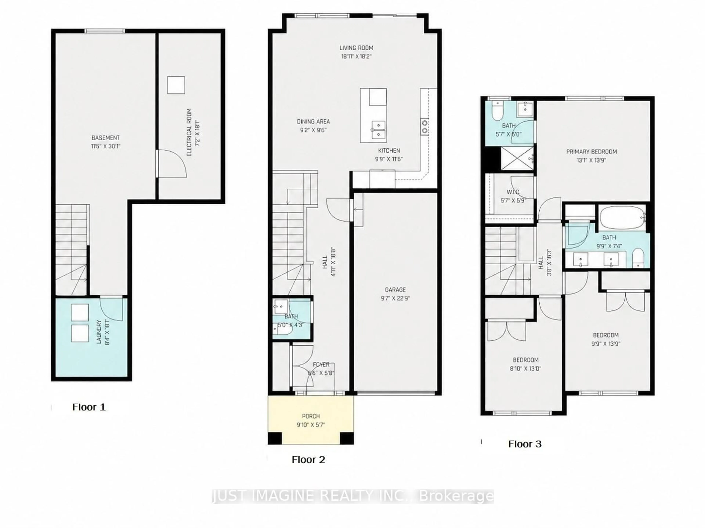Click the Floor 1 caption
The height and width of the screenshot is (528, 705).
89,407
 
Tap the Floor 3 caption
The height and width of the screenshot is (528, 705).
525,444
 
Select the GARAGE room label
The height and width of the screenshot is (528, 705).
395,290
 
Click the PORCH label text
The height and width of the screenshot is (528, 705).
311,416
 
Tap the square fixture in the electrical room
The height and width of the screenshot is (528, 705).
176,85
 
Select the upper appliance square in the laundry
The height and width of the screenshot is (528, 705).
80,312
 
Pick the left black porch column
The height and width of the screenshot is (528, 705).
275,438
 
